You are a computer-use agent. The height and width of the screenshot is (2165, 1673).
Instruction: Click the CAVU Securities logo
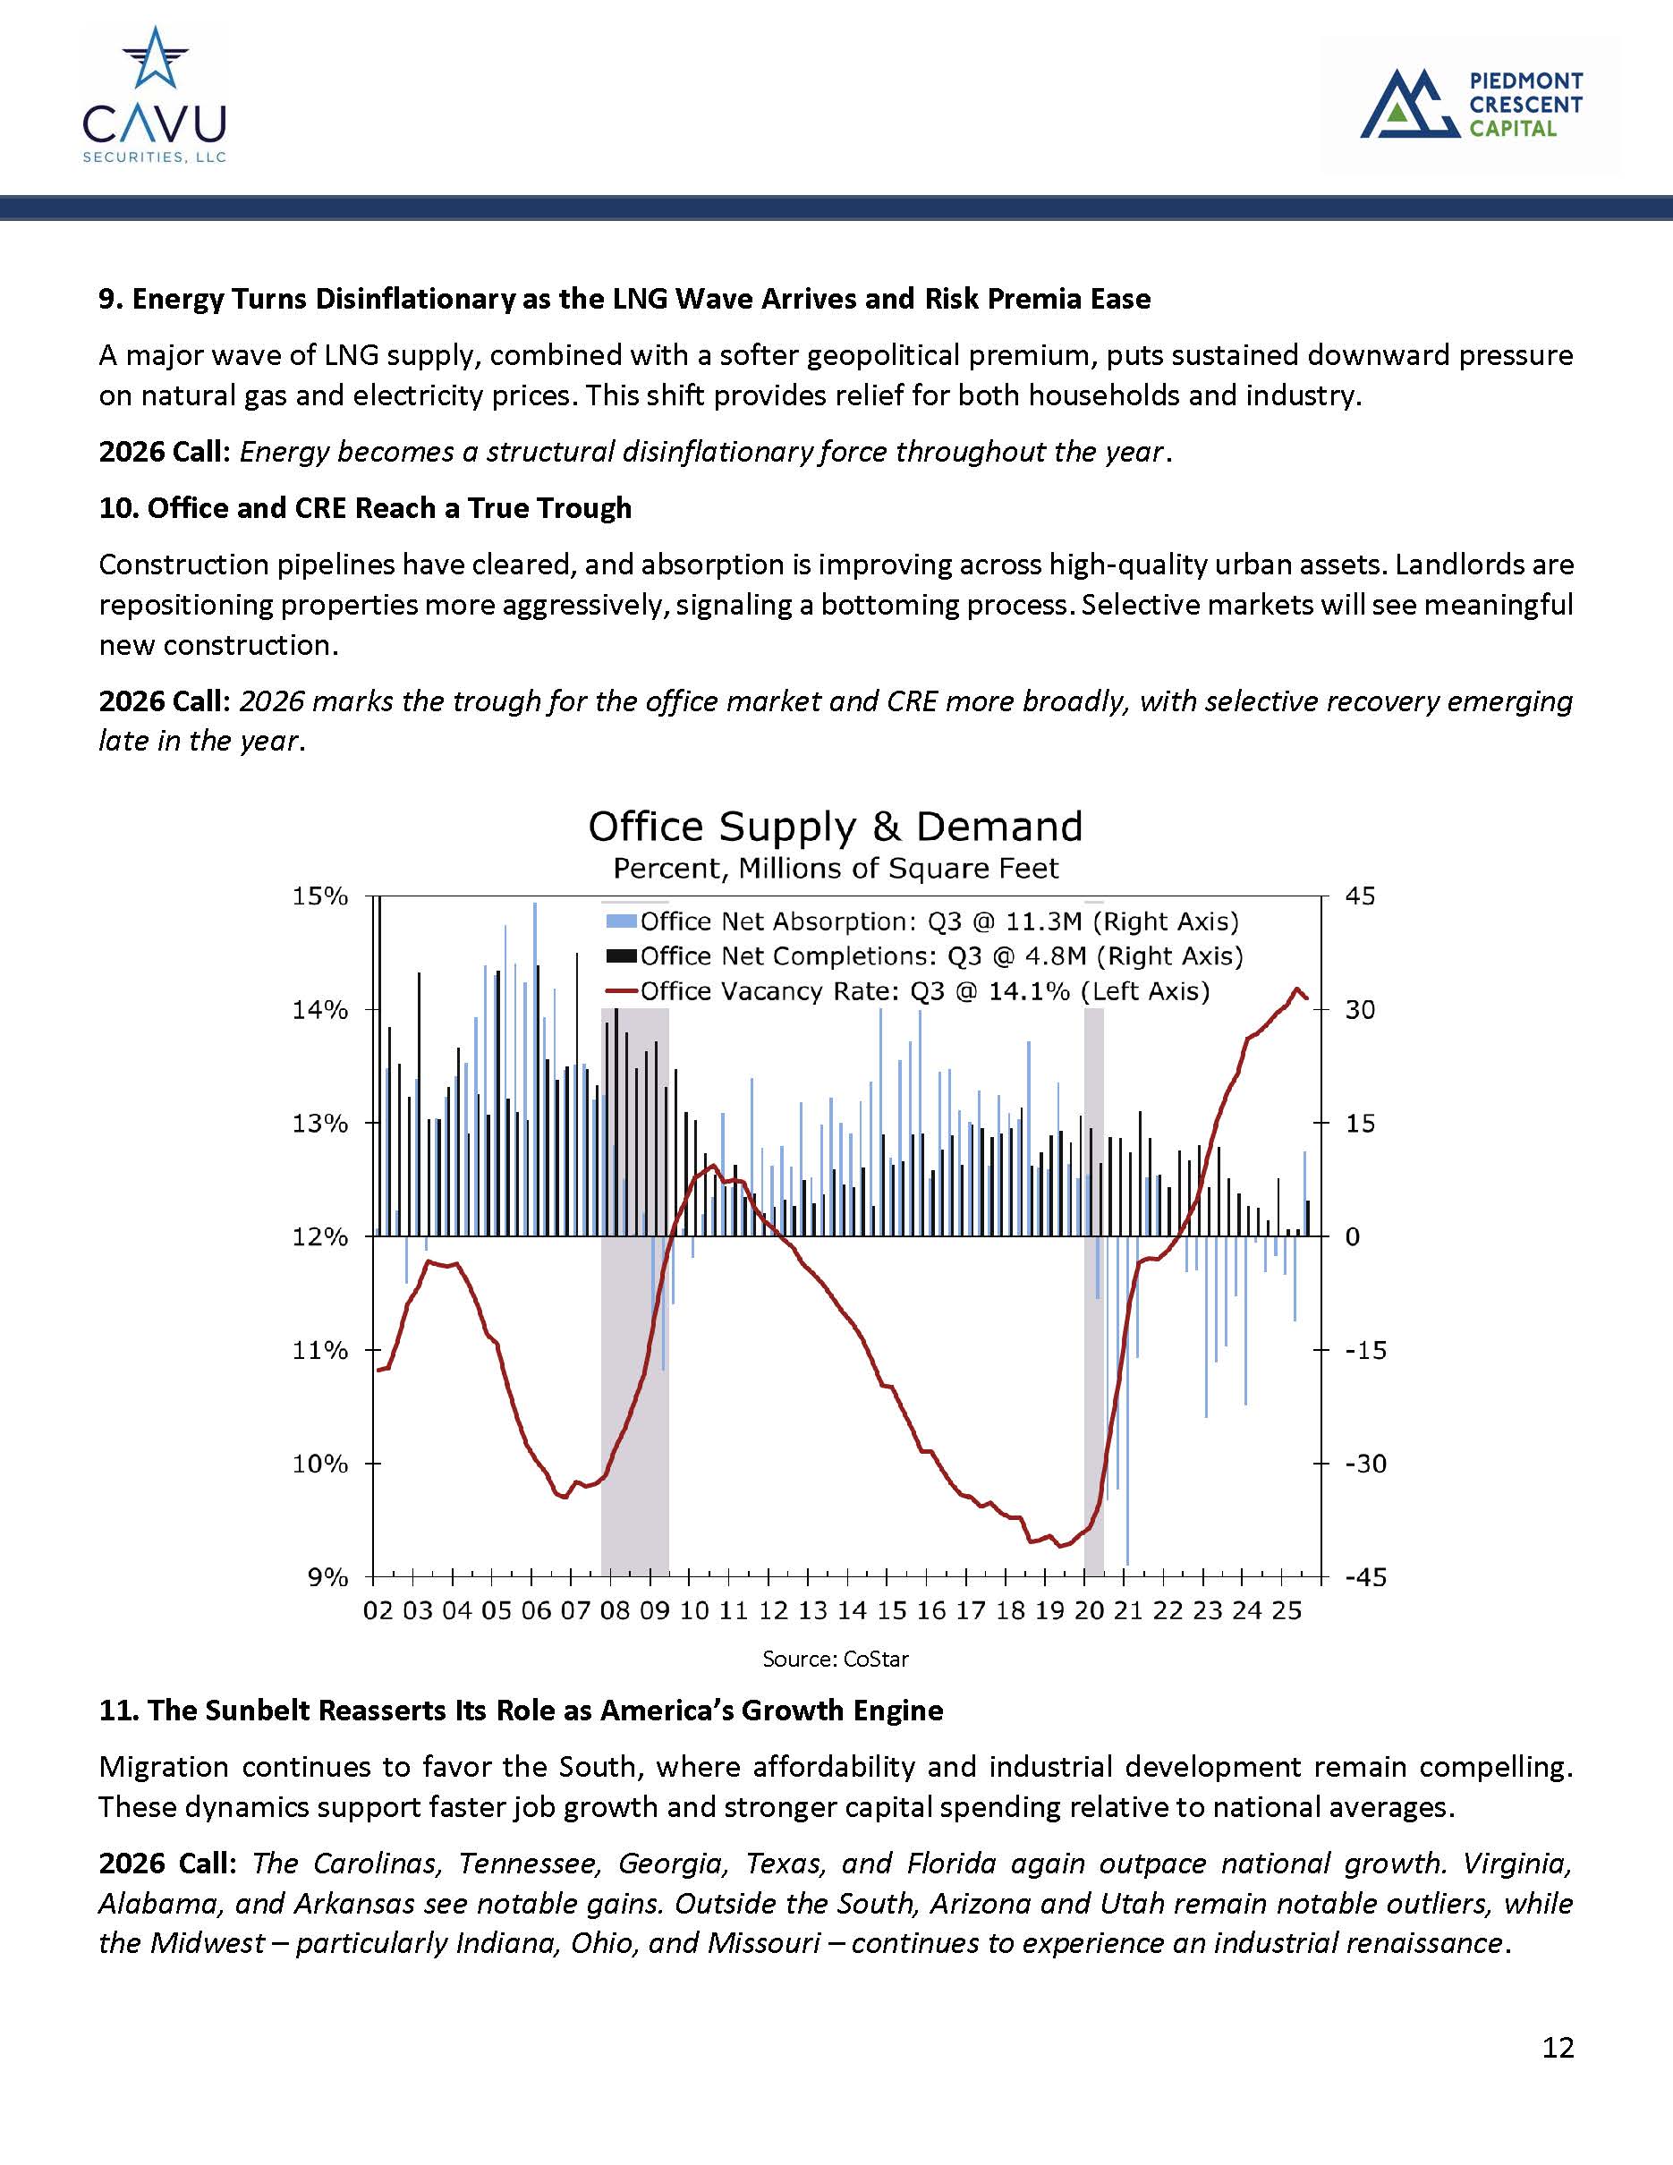pos(154,94)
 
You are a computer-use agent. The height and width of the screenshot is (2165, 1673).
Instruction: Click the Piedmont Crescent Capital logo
pos(1471,103)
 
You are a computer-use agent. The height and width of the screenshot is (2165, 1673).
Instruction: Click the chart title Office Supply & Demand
pos(835,826)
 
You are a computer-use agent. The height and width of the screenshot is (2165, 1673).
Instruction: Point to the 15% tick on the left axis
pos(320,896)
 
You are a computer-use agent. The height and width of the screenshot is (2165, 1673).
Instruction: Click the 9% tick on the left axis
pos(328,1577)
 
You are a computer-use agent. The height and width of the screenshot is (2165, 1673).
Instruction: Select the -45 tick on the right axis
pos(1364,1577)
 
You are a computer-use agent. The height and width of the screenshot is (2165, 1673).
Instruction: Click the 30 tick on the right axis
pos(1360,1010)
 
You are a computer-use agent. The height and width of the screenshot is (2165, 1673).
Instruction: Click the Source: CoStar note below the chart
pos(835,1659)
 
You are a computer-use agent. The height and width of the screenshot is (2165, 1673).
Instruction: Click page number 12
pos(1557,2047)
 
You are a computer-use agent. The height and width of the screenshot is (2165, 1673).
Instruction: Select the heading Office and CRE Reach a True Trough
pos(365,508)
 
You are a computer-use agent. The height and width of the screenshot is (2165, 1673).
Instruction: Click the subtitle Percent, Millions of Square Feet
pos(835,869)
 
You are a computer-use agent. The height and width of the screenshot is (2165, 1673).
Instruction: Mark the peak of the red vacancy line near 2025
pos(1295,989)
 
